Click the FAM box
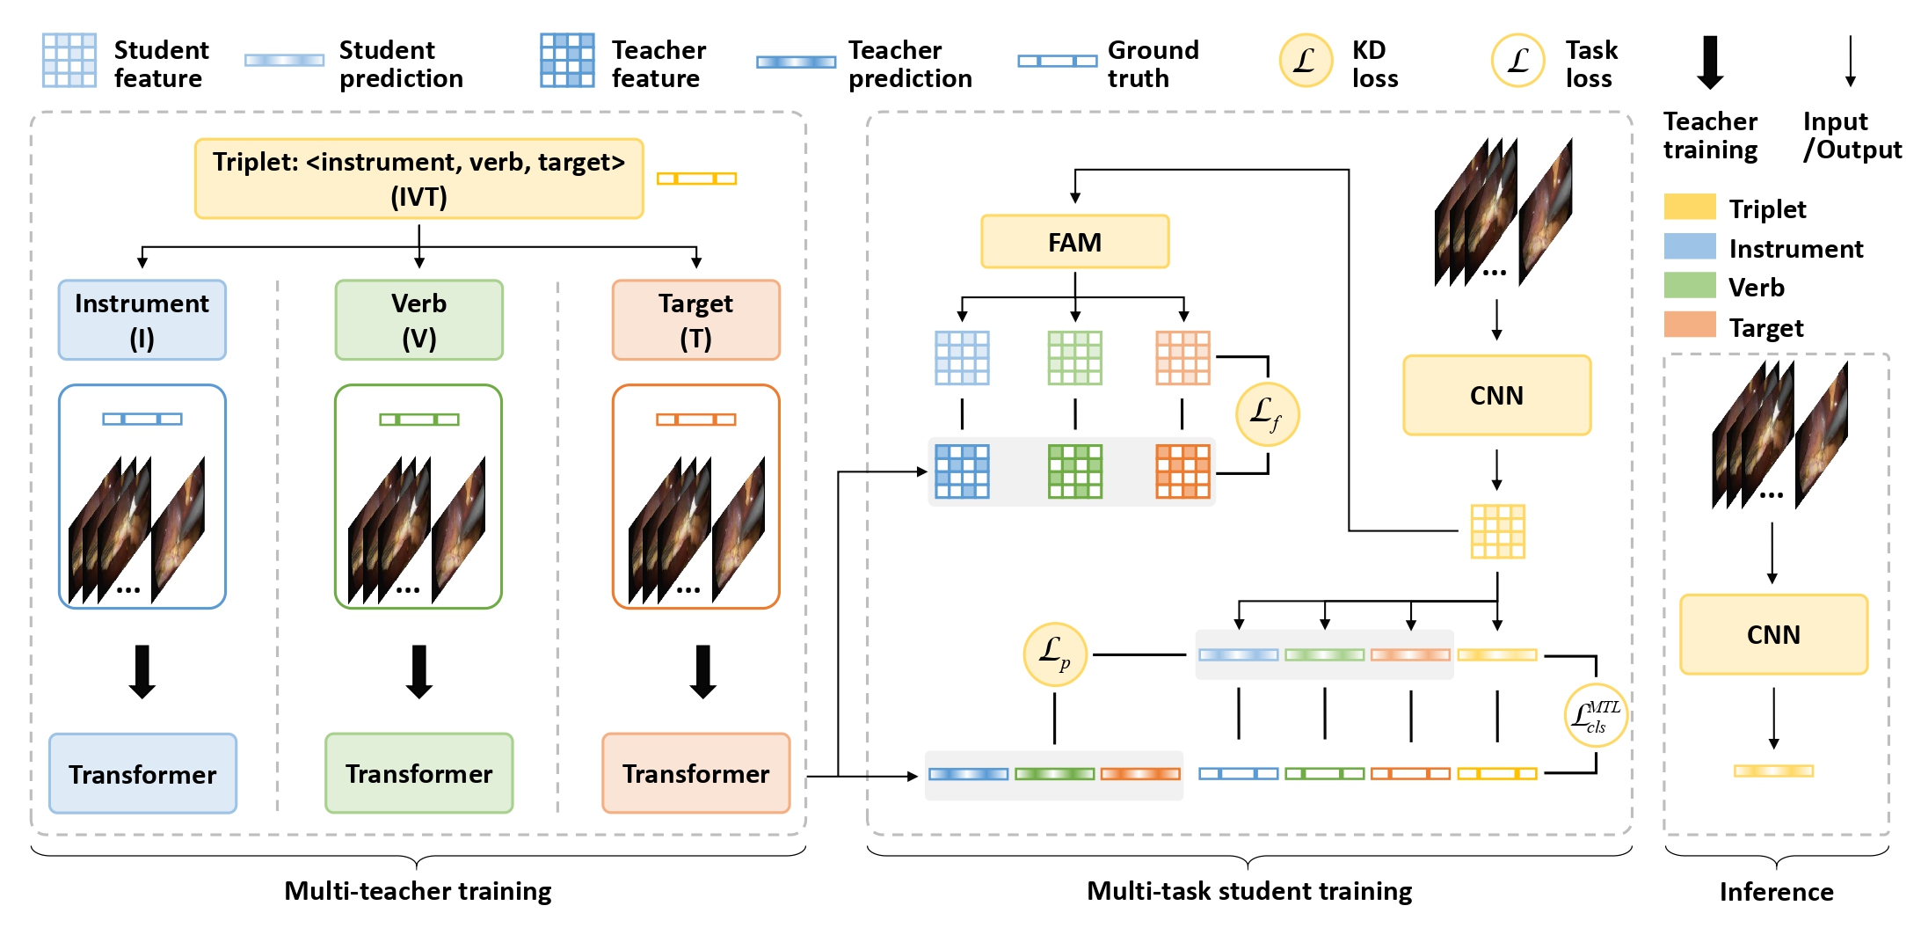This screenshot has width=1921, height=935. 1074,242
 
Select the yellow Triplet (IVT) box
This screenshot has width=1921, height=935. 418,179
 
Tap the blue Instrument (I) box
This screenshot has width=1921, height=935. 142,320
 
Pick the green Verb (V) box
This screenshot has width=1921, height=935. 418,320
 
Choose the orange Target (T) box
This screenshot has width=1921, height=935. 695,320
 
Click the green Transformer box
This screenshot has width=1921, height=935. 418,773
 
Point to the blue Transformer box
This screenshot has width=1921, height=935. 142,773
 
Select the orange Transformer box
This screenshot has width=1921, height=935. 695,773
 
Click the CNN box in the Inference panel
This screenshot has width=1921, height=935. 1773,634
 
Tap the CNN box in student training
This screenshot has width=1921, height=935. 1496,395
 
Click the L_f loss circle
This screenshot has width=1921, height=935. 1267,413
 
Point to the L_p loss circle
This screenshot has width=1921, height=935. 1055,654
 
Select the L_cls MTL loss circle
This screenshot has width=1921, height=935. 1596,715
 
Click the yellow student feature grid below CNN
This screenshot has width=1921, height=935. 1497,531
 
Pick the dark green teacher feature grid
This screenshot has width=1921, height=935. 1074,471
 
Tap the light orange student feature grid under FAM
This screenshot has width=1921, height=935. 1182,358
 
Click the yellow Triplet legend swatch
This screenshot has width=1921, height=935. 1689,207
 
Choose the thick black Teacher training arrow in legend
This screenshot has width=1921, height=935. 1710,62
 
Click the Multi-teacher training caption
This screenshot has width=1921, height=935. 418,891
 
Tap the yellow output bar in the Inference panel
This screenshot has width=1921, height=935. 1773,771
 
